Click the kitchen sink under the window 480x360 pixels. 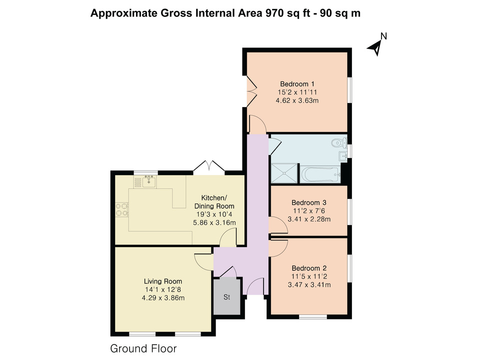tap(148, 182)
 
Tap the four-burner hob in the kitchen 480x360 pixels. tap(120, 209)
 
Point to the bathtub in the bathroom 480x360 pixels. tap(320, 174)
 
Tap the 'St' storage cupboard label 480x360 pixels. tap(226, 298)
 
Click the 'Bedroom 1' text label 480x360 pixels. tap(297, 84)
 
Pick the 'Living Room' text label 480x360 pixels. tap(163, 281)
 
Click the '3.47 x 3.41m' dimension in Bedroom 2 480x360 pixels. tap(310, 285)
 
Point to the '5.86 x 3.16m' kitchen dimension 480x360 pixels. tap(214, 222)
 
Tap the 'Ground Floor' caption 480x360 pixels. tap(143, 348)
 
